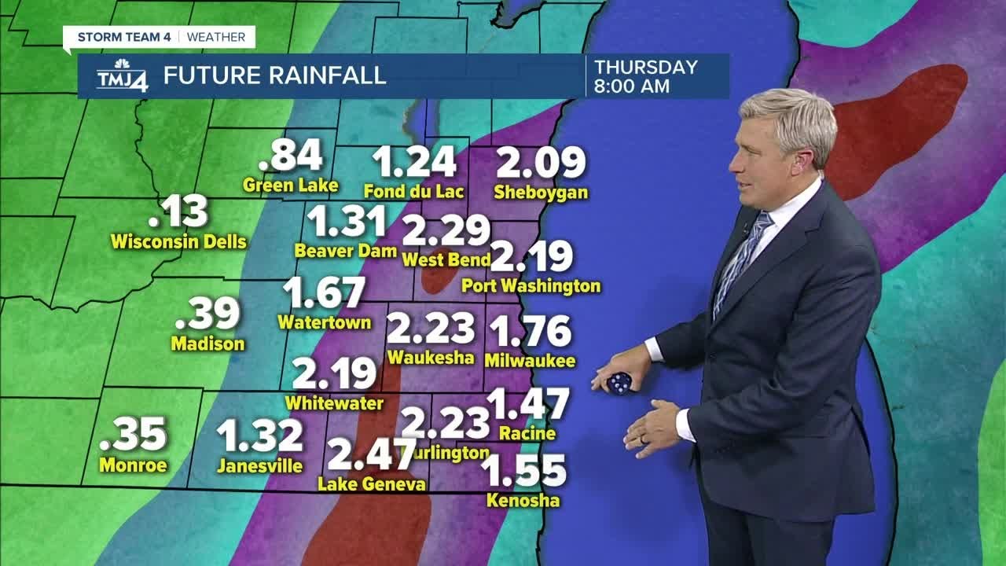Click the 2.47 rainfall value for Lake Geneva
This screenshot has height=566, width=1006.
point(371,454)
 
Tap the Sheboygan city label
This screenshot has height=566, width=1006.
point(541,193)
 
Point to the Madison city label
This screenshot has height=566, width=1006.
point(207,344)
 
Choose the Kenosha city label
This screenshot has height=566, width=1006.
point(523,500)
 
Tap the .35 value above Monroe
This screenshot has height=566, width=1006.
point(135,434)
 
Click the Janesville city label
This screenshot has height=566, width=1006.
point(259,466)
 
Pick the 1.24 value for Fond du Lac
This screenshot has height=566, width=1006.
point(414,162)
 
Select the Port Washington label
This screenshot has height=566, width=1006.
point(531,286)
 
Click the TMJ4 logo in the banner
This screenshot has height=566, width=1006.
point(121,76)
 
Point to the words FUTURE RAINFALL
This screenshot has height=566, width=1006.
point(274,75)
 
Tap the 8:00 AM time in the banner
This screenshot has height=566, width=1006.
point(632,86)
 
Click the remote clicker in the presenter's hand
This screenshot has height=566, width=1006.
point(619,383)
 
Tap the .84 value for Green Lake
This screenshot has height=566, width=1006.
point(291,156)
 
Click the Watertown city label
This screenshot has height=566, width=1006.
point(324,322)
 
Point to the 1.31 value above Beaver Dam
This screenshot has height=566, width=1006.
point(346,222)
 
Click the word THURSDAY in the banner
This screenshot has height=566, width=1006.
point(645,67)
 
